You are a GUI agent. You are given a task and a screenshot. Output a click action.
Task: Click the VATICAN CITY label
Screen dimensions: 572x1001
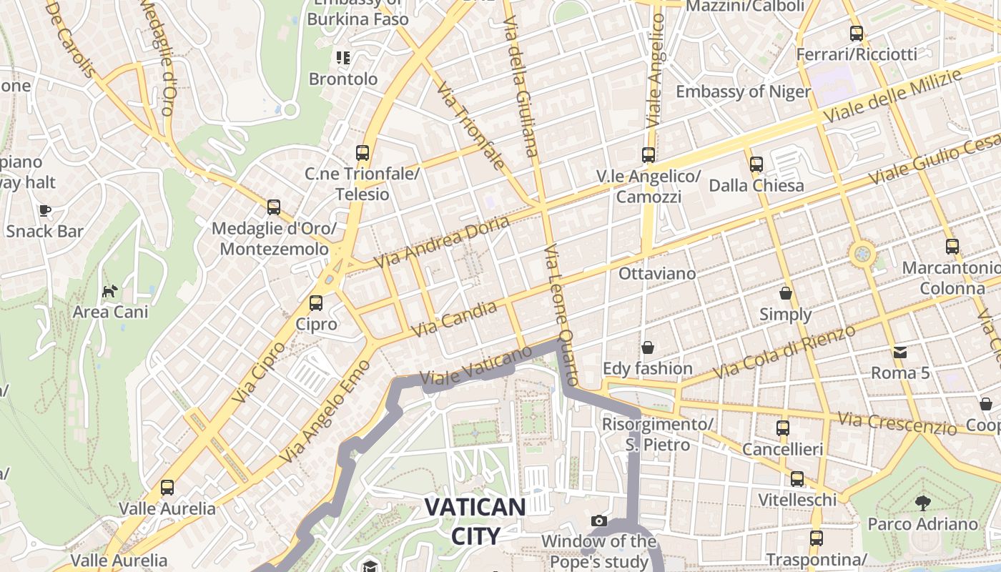[475, 521]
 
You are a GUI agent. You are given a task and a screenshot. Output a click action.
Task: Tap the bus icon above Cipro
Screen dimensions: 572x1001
[316, 302]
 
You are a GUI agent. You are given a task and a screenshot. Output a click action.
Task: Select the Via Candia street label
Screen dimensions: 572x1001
[455, 320]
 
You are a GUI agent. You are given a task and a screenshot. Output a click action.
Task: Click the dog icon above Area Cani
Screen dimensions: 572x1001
[110, 291]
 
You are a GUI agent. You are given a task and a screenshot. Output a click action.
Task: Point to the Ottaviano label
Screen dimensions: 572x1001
[656, 273]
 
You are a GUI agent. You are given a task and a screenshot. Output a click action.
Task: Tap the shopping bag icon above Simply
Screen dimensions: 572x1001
[785, 293]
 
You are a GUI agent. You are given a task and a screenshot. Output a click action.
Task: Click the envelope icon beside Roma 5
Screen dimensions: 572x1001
[899, 352]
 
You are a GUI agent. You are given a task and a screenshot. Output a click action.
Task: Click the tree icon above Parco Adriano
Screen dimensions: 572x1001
[922, 503]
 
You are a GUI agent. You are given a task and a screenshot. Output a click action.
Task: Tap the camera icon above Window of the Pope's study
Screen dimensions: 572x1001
[599, 521]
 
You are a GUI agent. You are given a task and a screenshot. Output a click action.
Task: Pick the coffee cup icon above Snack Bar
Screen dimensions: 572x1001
[44, 210]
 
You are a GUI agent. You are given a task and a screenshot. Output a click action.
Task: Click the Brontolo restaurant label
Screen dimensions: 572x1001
[343, 79]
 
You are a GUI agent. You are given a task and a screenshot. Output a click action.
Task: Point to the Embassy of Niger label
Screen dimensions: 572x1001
[743, 92]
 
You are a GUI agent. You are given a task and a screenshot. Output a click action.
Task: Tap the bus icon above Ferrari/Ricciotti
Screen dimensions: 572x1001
[856, 33]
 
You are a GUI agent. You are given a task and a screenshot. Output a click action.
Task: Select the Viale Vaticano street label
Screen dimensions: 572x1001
[476, 366]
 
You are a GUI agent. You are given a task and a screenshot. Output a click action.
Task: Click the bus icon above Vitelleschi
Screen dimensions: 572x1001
[797, 478]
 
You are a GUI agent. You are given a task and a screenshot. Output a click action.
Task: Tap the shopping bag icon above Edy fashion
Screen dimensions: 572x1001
[647, 347]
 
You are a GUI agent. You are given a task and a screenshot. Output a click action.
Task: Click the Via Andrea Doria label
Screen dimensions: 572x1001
[442, 242]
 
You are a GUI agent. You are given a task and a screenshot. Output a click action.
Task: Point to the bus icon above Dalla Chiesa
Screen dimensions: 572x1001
[756, 164]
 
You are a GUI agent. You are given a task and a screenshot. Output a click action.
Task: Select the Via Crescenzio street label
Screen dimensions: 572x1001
[897, 423]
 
